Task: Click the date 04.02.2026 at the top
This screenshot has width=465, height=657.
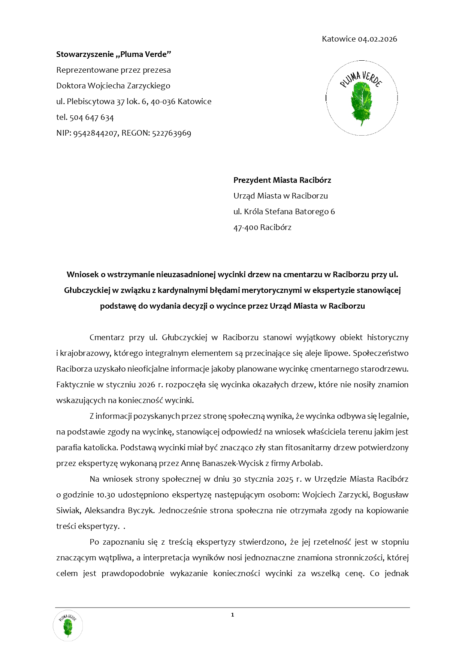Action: (377, 39)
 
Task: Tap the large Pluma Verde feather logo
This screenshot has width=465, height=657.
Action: (362, 98)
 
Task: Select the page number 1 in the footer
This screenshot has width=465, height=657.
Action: (232, 615)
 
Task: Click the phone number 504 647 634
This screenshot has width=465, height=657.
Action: (91, 118)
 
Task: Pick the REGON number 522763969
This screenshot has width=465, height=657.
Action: (172, 133)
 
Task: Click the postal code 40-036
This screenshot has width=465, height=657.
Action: (163, 102)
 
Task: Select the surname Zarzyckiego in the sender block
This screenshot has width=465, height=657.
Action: (149, 86)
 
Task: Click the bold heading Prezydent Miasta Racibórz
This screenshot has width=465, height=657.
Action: (282, 180)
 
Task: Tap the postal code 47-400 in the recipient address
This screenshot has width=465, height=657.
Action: (245, 227)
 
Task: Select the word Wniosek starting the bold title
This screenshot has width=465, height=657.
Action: (81, 275)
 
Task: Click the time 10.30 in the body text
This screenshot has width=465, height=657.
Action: (106, 495)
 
